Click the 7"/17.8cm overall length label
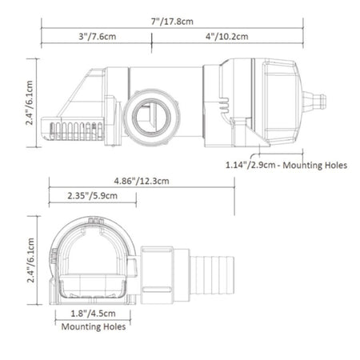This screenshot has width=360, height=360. point(172,22)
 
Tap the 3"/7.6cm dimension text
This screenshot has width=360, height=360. point(98,36)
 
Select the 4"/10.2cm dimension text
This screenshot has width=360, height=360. point(226,36)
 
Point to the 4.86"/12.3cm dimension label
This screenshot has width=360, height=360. point(142,181)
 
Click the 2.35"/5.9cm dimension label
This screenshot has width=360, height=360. point(92,196)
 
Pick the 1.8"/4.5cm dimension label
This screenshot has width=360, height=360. point(93,314)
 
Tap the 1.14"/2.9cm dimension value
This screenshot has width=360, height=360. point(250,165)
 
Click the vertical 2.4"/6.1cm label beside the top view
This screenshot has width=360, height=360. point(29,103)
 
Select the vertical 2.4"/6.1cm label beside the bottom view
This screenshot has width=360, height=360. point(30,260)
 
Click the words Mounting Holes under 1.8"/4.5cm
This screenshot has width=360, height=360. point(94,326)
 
